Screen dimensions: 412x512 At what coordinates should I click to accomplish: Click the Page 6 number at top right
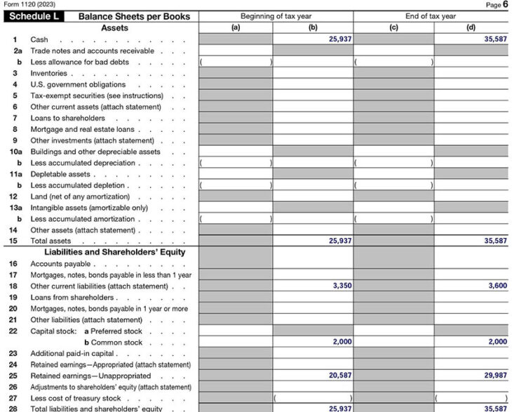pyautogui.click(x=498, y=5)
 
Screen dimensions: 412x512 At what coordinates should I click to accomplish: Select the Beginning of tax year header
pyautogui.click(x=276, y=16)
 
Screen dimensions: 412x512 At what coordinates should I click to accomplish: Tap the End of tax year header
pyautogui.click(x=430, y=16)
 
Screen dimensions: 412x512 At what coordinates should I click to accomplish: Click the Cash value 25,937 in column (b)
pyautogui.click(x=340, y=39)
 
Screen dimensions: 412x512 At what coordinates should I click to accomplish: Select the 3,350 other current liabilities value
pyautogui.click(x=342, y=286)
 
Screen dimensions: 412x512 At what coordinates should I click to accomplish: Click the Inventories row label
pyautogui.click(x=49, y=73)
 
